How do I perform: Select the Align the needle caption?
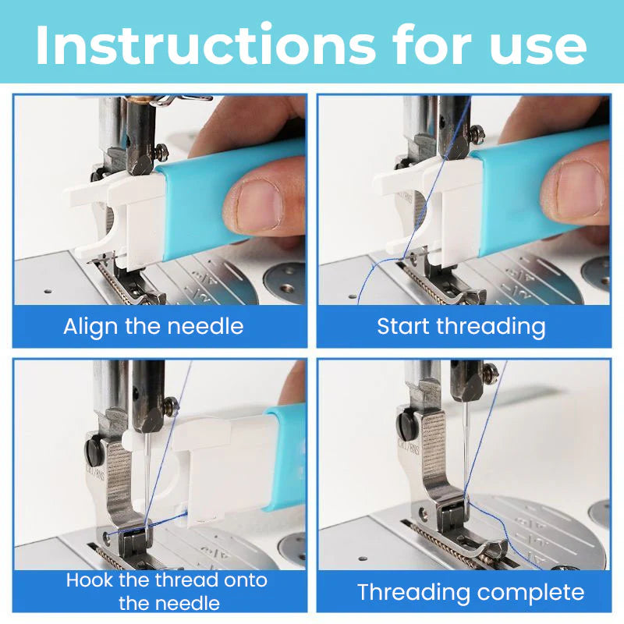point(154,325)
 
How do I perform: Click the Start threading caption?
point(461,325)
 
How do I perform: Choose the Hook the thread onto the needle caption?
point(166,591)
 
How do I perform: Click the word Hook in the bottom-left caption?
point(91,580)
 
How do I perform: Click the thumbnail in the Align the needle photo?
point(253,204)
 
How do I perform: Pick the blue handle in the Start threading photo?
point(538,195)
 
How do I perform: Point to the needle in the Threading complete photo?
point(465,445)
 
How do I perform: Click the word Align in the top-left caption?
point(88,325)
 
